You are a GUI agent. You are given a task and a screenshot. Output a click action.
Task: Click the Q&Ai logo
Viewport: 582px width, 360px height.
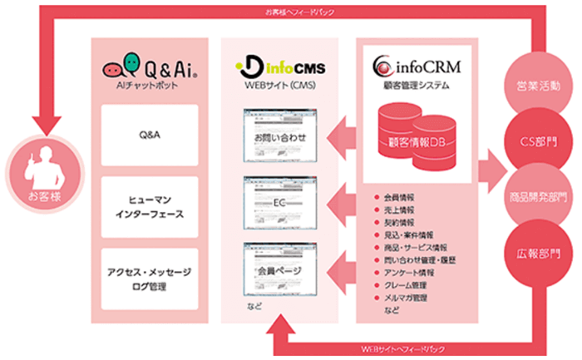click(148, 64)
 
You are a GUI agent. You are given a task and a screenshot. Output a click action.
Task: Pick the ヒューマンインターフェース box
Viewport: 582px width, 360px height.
click(150, 206)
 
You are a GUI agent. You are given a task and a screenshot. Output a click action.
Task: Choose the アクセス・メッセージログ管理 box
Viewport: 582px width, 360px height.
click(150, 279)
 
